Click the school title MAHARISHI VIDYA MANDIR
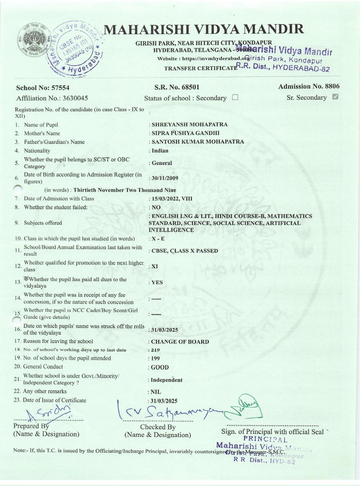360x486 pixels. pos(203,29)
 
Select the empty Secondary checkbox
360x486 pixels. pos(235,97)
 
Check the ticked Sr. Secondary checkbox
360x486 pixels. pos(335,97)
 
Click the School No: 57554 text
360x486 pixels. pos(43,87)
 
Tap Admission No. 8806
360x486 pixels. pos(309,86)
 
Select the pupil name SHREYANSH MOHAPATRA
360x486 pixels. pos(189,125)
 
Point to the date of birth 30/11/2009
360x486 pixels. pos(165,178)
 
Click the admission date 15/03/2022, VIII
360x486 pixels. pos(172,199)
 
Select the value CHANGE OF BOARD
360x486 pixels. pos(180,342)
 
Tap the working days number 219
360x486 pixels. pos(155,350)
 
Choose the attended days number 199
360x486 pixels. pos(155,359)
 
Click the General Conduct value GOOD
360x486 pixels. pos(159,368)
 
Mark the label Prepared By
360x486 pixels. pos(31,426)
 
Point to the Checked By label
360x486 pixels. pos(158,427)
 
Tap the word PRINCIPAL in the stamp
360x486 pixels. pos(265,439)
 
